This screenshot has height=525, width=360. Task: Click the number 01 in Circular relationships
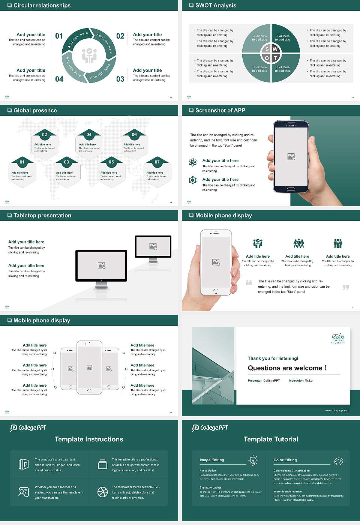pyautogui.click(x=59, y=36)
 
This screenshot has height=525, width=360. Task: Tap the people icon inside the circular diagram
pyautogui.click(x=89, y=55)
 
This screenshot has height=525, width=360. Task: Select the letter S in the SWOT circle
pyautogui.click(x=267, y=49)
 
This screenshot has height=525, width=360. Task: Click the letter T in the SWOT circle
pyautogui.click(x=275, y=58)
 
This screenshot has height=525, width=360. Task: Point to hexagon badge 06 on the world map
pyautogui.click(x=134, y=135)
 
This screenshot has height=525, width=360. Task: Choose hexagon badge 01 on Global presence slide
pyautogui.click(x=22, y=162)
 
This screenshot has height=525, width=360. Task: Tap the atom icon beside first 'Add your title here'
pyautogui.click(x=193, y=162)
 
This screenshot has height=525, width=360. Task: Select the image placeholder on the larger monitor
pyautogui.click(x=101, y=265)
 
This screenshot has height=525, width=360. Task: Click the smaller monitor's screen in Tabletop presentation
pyautogui.click(x=153, y=246)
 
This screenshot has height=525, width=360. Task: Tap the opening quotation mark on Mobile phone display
pyautogui.click(x=249, y=282)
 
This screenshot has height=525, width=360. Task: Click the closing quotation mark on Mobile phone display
pyautogui.click(x=346, y=287)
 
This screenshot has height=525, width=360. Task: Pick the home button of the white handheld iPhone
pyautogui.click(x=216, y=291)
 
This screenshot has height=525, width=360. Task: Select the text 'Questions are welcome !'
pyautogui.click(x=287, y=368)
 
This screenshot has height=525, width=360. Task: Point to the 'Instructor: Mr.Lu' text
pyautogui.click(x=300, y=381)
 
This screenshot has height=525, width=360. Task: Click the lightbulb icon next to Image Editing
pyautogui.click(x=253, y=460)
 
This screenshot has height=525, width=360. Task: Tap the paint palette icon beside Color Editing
pyautogui.click(x=338, y=461)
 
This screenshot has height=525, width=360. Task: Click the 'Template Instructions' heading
pyautogui.click(x=89, y=439)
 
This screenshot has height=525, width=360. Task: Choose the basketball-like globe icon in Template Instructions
pyautogui.click(x=102, y=492)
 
